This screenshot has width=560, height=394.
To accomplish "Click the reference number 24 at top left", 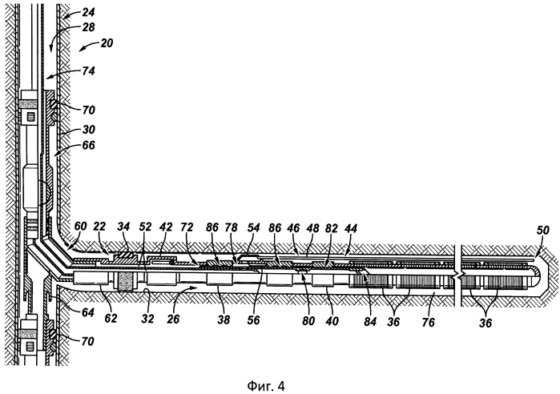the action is point(88,13).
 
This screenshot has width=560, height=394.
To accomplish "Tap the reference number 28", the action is point(88,27).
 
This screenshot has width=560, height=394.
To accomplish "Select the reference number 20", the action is point(106,43).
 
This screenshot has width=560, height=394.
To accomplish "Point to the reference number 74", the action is point(88,71).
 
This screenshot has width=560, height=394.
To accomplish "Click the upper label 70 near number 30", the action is point(88,110).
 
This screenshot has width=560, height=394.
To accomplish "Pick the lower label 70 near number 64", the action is point(87,341).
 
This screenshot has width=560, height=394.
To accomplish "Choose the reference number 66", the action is point(88,145).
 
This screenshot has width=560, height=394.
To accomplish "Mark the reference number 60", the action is point(81,227).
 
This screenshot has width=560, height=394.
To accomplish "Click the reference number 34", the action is point(124,227).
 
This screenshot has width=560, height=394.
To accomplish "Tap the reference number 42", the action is point(166,227).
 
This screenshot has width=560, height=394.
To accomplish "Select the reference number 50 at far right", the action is point(542,231).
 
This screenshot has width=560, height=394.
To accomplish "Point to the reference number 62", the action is point(111,318).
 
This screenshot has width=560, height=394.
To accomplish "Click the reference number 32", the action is point(147,319).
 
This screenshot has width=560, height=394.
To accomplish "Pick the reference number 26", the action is point(173,319).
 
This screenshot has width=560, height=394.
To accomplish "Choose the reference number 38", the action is point(224,320).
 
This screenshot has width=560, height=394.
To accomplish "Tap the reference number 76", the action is point(429,323).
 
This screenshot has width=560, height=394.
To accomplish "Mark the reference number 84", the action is point(370,322).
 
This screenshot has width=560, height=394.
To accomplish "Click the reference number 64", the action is point(87,313).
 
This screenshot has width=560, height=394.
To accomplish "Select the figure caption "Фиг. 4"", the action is point(266,386).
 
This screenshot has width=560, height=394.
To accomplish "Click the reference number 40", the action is point(332,321).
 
